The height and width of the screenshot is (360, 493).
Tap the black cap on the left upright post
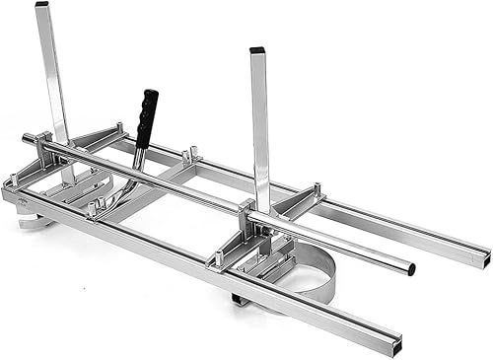41,4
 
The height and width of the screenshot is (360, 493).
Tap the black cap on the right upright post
256,49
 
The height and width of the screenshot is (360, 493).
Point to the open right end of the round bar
410,268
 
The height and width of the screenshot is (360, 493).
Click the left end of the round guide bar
27,139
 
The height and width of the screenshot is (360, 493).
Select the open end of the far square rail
481,258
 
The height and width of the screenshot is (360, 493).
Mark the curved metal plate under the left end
35,222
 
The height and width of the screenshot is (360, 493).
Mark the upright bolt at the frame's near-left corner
11,180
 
